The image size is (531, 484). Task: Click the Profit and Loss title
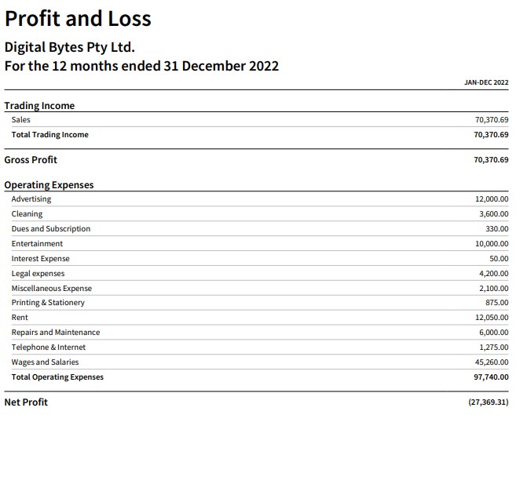(x=78, y=19)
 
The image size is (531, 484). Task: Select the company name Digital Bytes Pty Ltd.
(x=69, y=47)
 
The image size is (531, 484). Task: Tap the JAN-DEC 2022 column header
(x=486, y=82)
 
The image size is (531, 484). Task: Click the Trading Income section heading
(x=39, y=106)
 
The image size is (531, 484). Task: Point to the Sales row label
(x=20, y=120)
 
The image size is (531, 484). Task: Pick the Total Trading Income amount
(x=491, y=135)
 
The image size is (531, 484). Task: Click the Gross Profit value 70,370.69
(x=491, y=160)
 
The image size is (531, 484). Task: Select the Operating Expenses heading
(x=49, y=185)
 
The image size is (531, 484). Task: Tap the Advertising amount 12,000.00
(x=492, y=199)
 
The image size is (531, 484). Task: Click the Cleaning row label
(x=27, y=214)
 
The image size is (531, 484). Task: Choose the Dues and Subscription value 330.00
(x=496, y=228)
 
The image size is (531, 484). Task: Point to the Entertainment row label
(x=37, y=243)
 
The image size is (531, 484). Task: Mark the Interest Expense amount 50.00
(x=499, y=258)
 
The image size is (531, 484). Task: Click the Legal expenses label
(x=38, y=274)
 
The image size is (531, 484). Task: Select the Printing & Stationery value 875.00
(x=496, y=302)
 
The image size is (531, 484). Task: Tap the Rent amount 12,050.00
(x=492, y=317)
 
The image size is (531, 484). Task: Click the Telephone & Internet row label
(x=49, y=348)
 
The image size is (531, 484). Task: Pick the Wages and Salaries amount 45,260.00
(x=492, y=362)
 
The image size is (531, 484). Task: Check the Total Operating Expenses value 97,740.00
(x=491, y=377)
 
